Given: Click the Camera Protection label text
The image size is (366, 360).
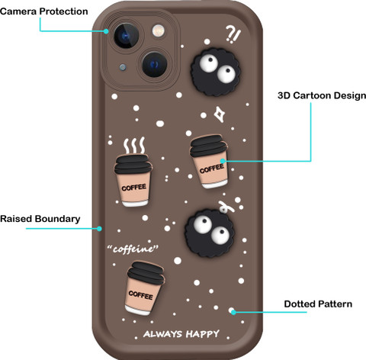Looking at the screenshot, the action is (x=44, y=11).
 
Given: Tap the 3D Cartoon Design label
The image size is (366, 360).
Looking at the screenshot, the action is (x=322, y=95).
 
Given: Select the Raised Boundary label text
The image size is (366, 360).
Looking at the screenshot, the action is (x=40, y=219).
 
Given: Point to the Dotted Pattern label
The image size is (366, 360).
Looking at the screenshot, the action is (x=318, y=304).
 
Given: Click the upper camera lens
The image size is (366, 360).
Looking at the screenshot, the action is (x=127, y=36).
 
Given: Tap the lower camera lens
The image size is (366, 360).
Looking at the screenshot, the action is (x=154, y=64).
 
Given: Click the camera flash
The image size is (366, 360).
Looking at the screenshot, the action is (x=158, y=31).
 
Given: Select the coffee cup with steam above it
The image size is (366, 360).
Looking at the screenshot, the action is (x=133, y=180).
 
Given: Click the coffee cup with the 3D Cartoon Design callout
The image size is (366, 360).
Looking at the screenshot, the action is (x=209, y=162).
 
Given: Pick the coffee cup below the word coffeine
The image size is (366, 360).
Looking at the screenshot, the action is (x=145, y=288).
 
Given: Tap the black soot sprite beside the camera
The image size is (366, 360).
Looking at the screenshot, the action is (x=216, y=72).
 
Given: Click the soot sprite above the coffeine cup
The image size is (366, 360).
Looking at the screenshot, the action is (x=210, y=233).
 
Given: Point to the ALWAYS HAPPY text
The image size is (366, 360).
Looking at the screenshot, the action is (x=181, y=334).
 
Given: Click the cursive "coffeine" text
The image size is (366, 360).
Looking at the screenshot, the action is (x=133, y=249).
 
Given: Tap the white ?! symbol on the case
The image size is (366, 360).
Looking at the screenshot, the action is (x=233, y=34).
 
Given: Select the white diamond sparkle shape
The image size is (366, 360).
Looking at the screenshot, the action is (x=220, y=114).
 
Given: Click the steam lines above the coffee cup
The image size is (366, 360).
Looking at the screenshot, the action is (x=134, y=145).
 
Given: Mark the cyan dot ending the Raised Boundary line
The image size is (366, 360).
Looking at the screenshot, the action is (x=99, y=229).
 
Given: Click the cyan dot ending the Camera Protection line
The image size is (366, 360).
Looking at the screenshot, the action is (x=106, y=31).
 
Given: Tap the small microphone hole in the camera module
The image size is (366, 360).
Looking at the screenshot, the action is (x=123, y=67).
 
